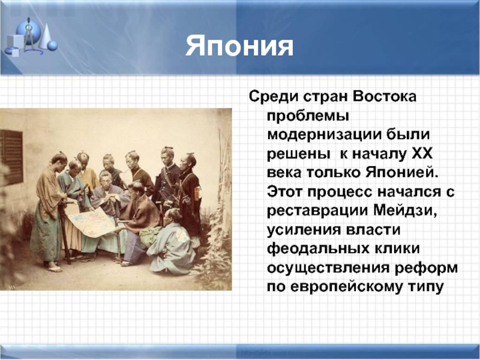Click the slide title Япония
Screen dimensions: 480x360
(239, 46)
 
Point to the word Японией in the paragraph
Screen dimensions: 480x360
(402, 173)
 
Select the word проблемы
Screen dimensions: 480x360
(308, 116)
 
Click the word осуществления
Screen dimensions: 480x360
(328, 269)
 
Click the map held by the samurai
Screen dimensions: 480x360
(92, 221)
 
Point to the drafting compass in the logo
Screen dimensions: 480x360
(29, 35)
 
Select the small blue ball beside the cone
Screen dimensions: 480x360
(52, 46)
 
